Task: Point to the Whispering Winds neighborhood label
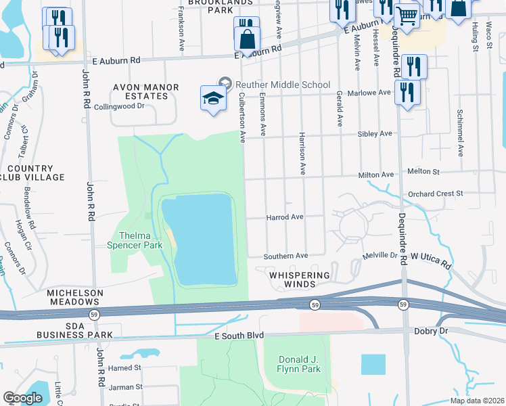[x=300, y=280]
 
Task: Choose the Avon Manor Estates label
[x=145, y=91]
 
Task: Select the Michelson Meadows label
[x=75, y=298]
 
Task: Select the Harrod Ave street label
[x=284, y=217]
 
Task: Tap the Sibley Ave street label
[x=375, y=134]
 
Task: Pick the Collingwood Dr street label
[x=120, y=106]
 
